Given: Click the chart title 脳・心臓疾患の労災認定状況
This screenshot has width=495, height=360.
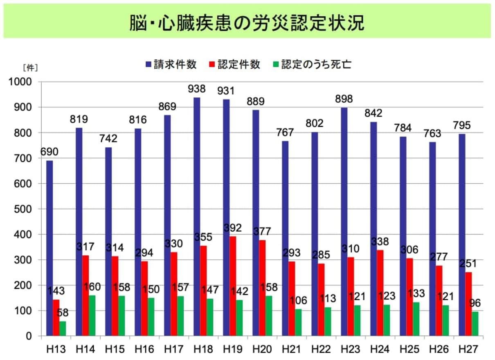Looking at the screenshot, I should click(x=247, y=23).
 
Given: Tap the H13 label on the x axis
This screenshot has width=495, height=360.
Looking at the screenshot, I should click(x=56, y=349).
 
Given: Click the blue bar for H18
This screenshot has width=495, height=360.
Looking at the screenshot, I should click(x=197, y=217).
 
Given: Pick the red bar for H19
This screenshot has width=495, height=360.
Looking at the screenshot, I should click(x=233, y=286).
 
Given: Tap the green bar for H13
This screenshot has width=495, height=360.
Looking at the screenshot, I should click(x=63, y=328).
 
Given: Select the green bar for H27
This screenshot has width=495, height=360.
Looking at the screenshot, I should click(x=475, y=324).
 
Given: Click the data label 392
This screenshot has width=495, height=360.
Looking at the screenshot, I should click(x=233, y=228).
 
